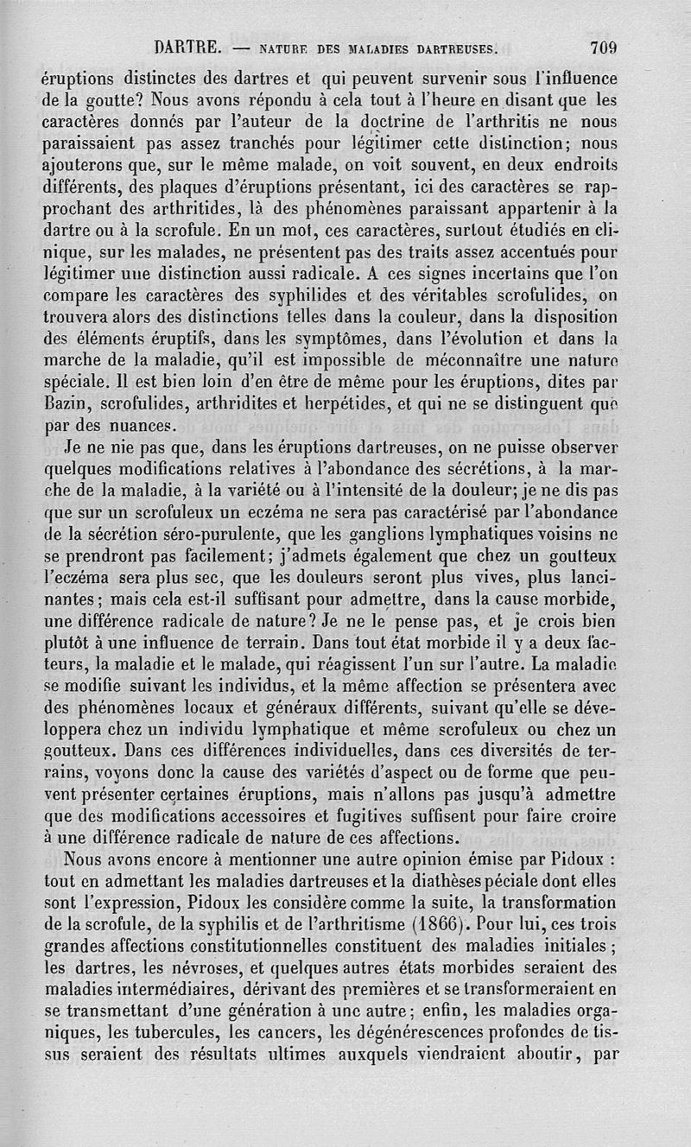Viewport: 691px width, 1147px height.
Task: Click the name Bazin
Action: click(66, 402)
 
